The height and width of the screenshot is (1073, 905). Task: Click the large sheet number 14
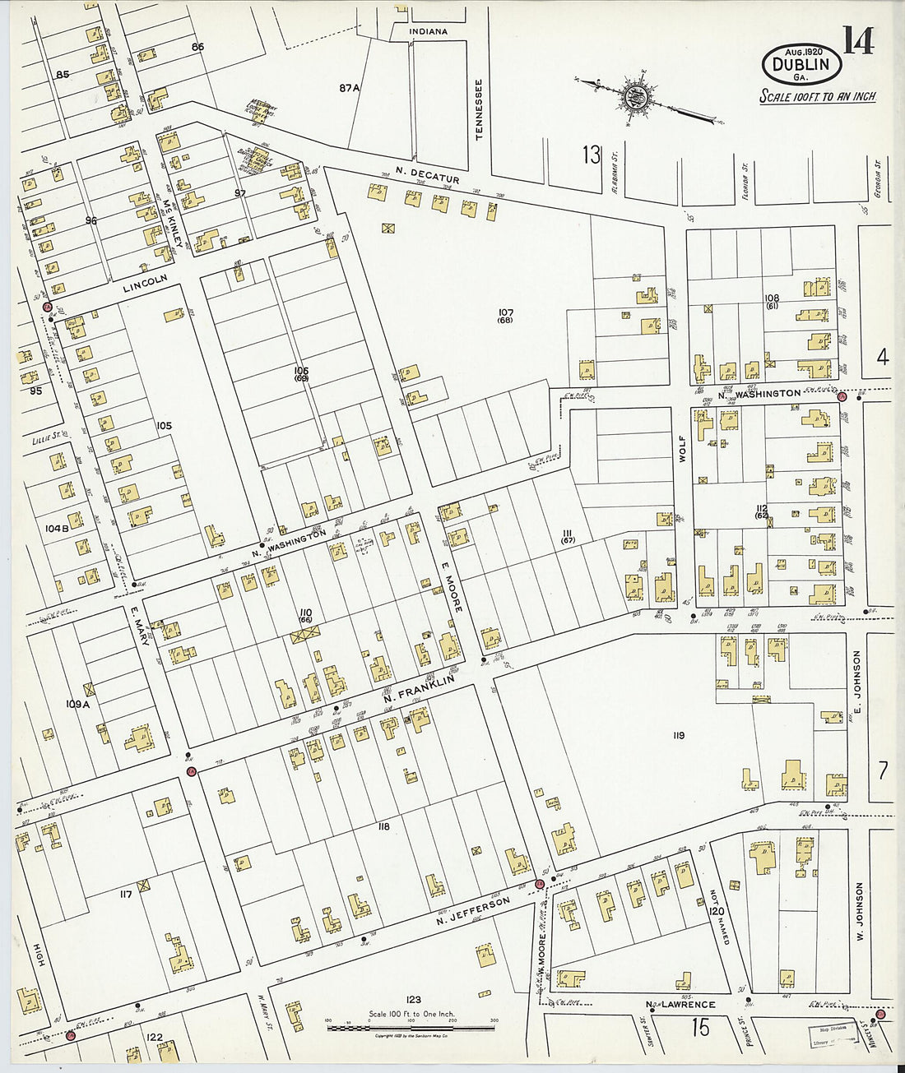[x=857, y=39]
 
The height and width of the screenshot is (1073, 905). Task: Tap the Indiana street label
[x=429, y=32]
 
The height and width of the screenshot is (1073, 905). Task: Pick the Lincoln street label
[x=145, y=284]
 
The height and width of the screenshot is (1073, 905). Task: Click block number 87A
[x=350, y=88]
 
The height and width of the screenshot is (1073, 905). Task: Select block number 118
[x=383, y=826]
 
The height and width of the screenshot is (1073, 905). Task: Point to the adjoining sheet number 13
[x=591, y=154]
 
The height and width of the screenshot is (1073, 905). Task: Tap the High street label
[x=38, y=958]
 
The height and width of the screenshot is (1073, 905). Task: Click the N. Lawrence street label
[x=680, y=1004]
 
